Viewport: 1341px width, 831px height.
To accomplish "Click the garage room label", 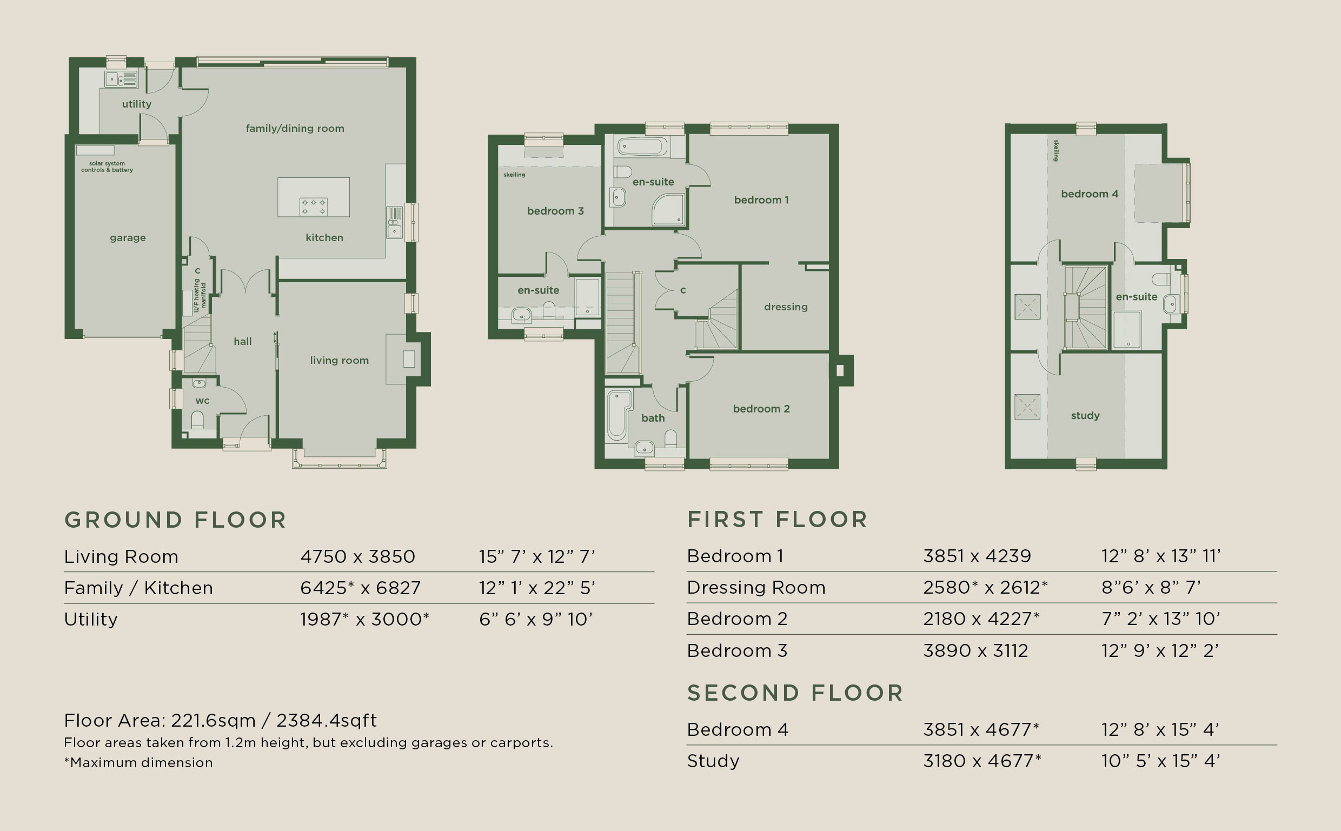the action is click(128, 238).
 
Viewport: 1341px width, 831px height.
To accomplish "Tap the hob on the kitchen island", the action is click(314, 207).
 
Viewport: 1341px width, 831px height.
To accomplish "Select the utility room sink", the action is click(121, 79).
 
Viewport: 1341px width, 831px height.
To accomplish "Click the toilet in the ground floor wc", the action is click(197, 421).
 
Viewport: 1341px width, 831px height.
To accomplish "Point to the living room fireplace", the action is click(403, 359).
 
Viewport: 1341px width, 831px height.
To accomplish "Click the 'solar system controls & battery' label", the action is click(107, 167).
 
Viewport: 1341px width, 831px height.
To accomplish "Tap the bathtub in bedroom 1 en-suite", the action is click(642, 147).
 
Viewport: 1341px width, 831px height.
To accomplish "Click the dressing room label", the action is click(786, 307).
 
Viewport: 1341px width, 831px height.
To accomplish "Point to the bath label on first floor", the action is click(653, 418).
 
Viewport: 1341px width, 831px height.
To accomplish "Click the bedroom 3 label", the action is click(555, 211).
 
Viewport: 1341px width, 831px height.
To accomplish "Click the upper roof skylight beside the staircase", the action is click(1027, 307).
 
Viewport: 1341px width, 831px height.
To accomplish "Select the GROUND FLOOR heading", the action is click(175, 520).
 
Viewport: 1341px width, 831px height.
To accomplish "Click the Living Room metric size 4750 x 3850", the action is click(358, 557).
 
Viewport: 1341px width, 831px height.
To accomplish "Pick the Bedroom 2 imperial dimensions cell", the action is click(1161, 619).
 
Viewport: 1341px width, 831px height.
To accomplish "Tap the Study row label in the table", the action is click(713, 761).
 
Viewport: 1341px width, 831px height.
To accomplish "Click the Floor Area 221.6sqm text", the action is click(221, 720).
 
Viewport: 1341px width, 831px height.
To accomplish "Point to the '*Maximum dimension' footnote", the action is click(138, 762).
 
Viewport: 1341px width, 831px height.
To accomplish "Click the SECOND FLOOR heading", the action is click(795, 693).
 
